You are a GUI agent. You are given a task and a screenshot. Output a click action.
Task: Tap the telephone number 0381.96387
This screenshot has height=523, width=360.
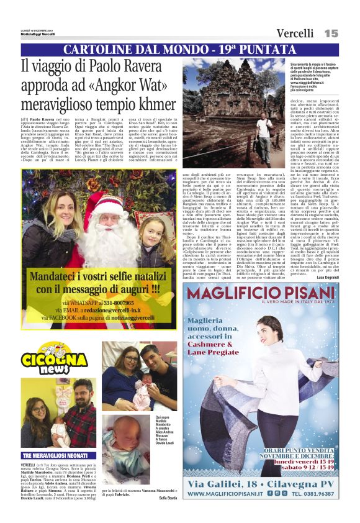[322, 494]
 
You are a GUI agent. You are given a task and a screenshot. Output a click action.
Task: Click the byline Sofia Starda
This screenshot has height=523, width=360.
[168, 498]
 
